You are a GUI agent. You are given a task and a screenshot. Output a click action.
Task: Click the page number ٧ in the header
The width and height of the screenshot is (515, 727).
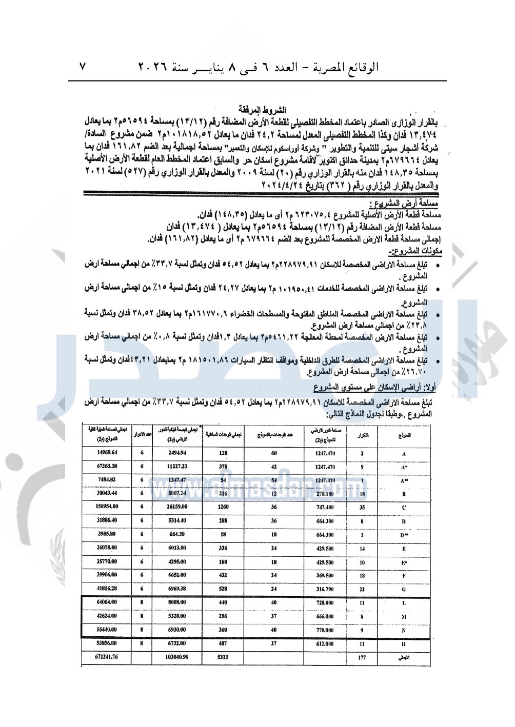83,66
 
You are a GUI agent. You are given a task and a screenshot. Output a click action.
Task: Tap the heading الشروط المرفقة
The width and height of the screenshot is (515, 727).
262,110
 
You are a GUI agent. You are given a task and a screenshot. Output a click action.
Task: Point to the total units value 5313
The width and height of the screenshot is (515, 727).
223,657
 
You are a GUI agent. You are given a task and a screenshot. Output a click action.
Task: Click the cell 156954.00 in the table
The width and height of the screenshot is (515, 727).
107,507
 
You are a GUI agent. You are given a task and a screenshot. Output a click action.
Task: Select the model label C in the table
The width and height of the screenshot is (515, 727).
404,507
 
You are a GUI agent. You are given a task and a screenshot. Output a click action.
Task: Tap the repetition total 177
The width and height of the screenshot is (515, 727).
362,657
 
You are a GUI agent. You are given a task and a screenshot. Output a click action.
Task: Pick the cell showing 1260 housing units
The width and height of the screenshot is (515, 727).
223,507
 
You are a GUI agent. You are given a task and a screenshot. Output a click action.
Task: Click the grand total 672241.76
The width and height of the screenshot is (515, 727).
107,657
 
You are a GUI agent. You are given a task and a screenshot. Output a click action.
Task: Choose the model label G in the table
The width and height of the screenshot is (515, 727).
404,589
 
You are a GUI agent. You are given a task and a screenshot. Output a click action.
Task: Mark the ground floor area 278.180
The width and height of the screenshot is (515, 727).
325,494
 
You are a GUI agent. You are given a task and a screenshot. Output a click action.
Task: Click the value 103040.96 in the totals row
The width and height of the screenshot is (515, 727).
177,657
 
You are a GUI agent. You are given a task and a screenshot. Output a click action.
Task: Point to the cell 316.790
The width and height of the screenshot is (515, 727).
325,589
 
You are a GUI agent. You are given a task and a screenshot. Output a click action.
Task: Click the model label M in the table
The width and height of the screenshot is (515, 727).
404,617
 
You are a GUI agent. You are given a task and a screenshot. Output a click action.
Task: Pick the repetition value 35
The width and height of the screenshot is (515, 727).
362,507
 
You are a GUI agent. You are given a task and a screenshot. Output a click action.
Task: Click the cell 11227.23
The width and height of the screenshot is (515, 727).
177,467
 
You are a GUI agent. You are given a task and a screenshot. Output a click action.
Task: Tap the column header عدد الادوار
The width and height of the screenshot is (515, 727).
142,435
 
